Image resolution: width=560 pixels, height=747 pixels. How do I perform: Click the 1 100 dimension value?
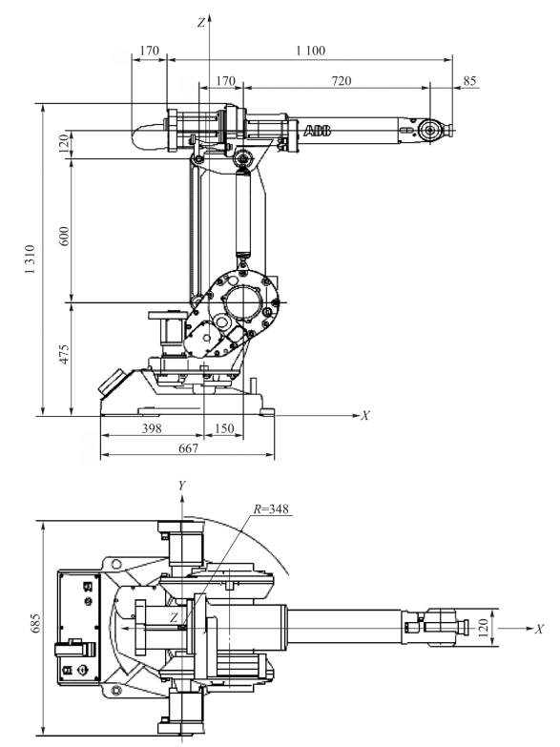pyautogui.click(x=311, y=51)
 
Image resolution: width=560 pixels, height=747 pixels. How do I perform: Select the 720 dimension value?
pyautogui.click(x=342, y=81)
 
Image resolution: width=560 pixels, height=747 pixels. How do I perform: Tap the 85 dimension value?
pyautogui.click(x=469, y=81)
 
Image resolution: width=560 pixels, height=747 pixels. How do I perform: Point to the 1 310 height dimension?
pyautogui.click(x=30, y=259)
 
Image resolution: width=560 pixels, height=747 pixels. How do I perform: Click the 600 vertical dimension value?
pyautogui.click(x=64, y=237)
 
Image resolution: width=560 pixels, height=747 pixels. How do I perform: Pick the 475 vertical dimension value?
pyautogui.click(x=64, y=354)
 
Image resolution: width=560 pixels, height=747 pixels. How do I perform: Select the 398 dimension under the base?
pyautogui.click(x=152, y=428)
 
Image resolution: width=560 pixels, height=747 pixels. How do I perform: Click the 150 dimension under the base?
pyautogui.click(x=224, y=428)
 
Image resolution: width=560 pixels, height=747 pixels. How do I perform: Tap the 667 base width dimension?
pyautogui.click(x=188, y=448)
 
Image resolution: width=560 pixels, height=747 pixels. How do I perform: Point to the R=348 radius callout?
pyautogui.click(x=271, y=509)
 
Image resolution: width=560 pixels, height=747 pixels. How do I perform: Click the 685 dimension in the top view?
pyautogui.click(x=35, y=623)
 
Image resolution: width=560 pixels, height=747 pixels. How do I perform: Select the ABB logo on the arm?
pyautogui.click(x=318, y=131)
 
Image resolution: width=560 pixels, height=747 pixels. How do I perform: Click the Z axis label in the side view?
pyautogui.click(x=201, y=22)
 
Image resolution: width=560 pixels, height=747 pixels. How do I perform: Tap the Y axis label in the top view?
pyautogui.click(x=181, y=486)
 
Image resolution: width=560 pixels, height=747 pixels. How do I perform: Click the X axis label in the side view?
pyautogui.click(x=365, y=416)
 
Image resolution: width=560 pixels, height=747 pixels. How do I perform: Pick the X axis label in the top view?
pyautogui.click(x=539, y=630)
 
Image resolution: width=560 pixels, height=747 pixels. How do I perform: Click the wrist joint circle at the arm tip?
pyautogui.click(x=430, y=130)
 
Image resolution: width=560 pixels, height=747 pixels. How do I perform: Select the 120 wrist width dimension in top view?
pyautogui.click(x=484, y=628)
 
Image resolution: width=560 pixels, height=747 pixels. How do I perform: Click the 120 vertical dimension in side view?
pyautogui.click(x=64, y=142)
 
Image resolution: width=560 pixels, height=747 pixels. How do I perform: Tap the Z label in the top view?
pyautogui.click(x=174, y=618)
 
